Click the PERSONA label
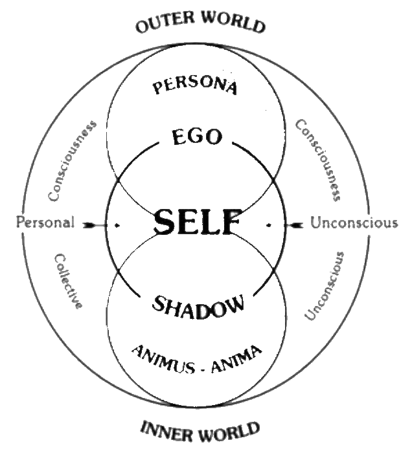coord(196,85)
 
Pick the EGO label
coord(198,137)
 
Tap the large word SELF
coord(198,223)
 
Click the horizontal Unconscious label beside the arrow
coord(353,223)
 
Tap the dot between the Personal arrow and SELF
coord(117,224)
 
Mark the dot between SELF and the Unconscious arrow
coord(268,224)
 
